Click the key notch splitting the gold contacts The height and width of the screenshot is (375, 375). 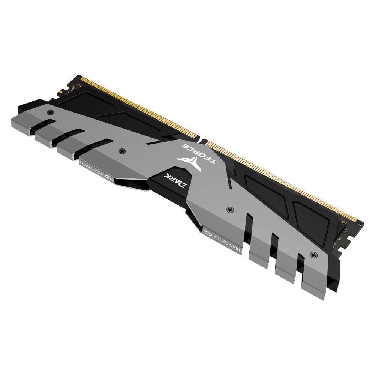[x=202, y=141]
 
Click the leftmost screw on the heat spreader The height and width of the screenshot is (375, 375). [x=50, y=112]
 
